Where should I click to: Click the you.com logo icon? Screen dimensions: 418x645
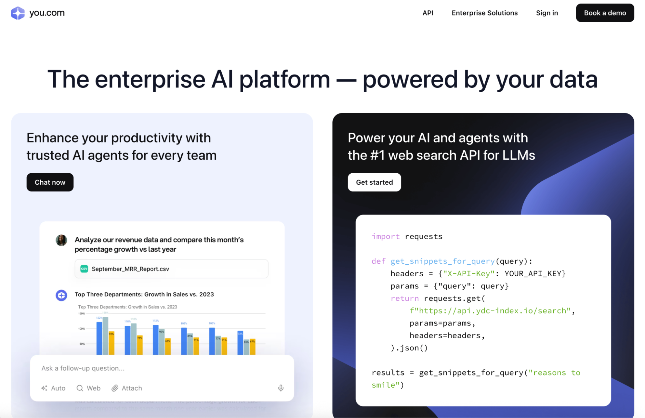point(18,13)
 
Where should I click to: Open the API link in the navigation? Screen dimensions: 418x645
point(428,13)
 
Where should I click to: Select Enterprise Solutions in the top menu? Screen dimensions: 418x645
point(484,13)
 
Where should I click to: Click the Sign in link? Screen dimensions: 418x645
point(547,13)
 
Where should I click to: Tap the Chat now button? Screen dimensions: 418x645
point(50,182)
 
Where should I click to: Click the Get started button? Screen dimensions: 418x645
point(374,182)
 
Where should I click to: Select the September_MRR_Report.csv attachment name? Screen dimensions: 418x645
point(130,269)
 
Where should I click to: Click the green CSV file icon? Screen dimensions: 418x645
point(84,269)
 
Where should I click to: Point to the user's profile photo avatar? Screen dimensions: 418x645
point(61,240)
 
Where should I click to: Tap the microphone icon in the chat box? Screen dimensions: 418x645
point(281,388)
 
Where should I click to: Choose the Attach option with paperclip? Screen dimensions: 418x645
point(127,388)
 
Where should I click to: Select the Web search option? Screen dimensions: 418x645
point(89,388)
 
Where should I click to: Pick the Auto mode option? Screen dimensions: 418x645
point(54,388)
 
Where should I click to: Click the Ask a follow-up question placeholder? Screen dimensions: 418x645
point(83,368)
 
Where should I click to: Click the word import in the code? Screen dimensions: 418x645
point(386,237)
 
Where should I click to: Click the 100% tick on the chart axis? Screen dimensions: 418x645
point(82,329)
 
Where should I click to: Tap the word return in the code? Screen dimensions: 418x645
point(405,299)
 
